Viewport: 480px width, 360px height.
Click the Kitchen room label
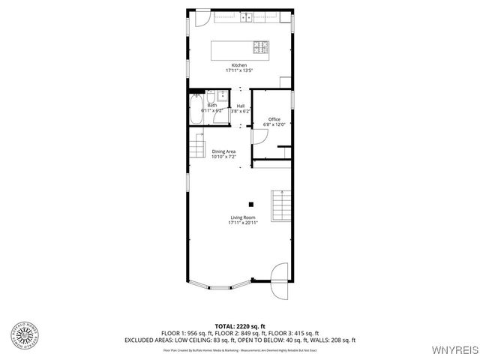click(238, 65)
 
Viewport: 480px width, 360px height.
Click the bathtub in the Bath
click(195, 110)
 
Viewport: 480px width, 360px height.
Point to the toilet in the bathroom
click(212, 97)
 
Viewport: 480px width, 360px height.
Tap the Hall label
click(241, 106)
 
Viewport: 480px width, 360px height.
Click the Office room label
click(274, 119)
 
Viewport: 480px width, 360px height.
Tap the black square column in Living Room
click(252, 204)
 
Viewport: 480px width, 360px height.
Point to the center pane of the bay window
click(223, 286)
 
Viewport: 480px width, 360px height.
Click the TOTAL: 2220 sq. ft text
click(239, 326)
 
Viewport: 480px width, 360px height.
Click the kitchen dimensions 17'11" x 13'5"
click(238, 70)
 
